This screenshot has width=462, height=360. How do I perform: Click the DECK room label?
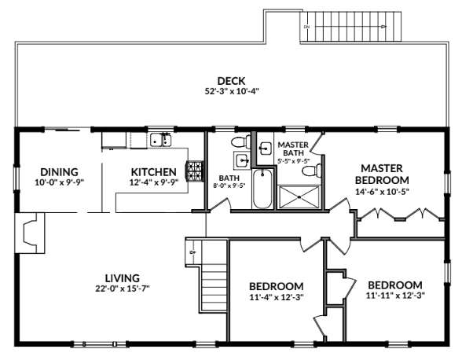point(231,81)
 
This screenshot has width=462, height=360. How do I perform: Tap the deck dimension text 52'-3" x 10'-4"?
point(232,91)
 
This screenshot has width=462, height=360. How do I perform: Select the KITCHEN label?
point(153,172)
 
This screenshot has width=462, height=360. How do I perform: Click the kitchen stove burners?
point(194,171)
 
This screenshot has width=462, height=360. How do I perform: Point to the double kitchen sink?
point(161,140)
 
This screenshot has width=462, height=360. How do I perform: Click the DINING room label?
point(59,172)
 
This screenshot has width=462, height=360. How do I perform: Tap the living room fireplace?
point(31,233)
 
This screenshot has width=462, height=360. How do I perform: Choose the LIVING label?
point(123,278)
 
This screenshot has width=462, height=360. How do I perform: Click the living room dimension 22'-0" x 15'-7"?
point(123,288)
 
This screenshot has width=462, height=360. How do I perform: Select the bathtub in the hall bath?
point(262,189)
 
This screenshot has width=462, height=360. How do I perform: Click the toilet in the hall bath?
point(240,142)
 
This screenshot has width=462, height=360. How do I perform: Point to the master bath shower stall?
point(299,197)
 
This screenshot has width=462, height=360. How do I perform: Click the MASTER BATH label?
point(293,149)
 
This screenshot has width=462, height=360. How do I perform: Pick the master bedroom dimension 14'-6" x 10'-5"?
point(383,192)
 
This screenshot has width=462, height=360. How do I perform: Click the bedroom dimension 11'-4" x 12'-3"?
point(277,297)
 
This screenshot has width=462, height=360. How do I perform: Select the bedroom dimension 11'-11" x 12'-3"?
point(395,296)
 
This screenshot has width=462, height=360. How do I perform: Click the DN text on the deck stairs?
point(306,27)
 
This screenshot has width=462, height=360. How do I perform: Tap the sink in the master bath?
point(266,148)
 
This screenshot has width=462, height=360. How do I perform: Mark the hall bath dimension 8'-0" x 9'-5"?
point(229,186)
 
